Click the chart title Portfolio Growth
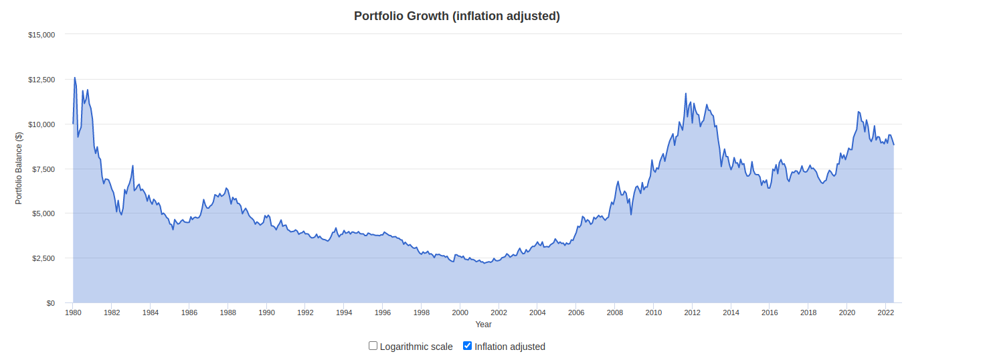(456, 16)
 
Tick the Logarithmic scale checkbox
(373, 346)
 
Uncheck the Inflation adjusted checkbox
(468, 346)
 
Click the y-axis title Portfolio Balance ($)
(19, 168)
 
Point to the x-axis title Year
(483, 325)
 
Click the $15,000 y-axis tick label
(41, 35)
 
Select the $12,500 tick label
(41, 80)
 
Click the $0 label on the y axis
(50, 303)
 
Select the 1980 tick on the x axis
(73, 312)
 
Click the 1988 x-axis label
(228, 312)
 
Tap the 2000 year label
(460, 312)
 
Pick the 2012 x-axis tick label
(692, 312)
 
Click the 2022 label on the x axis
(885, 312)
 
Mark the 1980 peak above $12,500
(75, 78)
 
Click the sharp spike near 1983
(133, 165)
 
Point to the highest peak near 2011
(686, 94)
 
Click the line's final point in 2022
(893, 145)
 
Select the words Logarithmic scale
(416, 347)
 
